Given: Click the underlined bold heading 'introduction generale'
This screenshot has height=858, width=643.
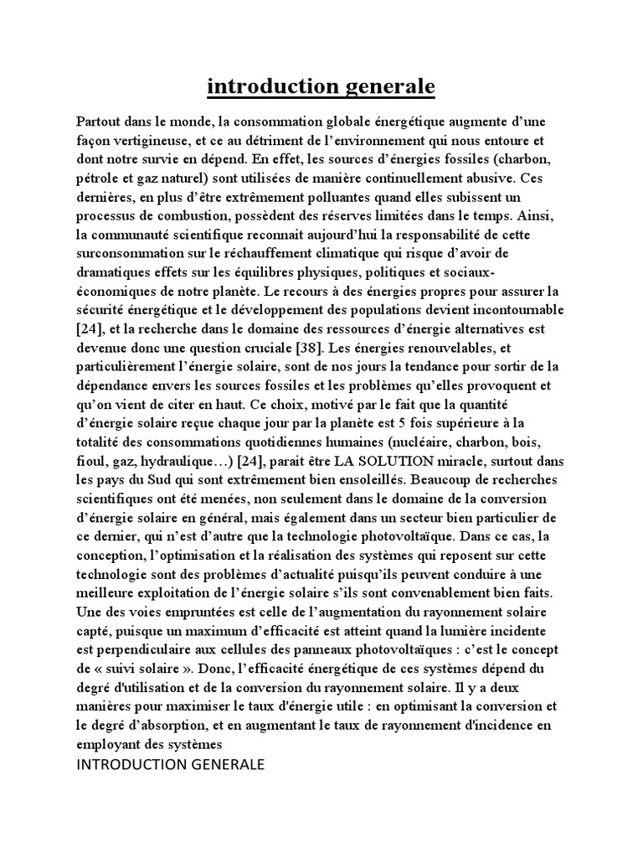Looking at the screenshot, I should tap(321, 86).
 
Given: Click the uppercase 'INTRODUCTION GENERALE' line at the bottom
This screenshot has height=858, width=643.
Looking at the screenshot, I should tap(170, 765).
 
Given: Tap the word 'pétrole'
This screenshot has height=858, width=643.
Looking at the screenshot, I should tap(97, 177).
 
